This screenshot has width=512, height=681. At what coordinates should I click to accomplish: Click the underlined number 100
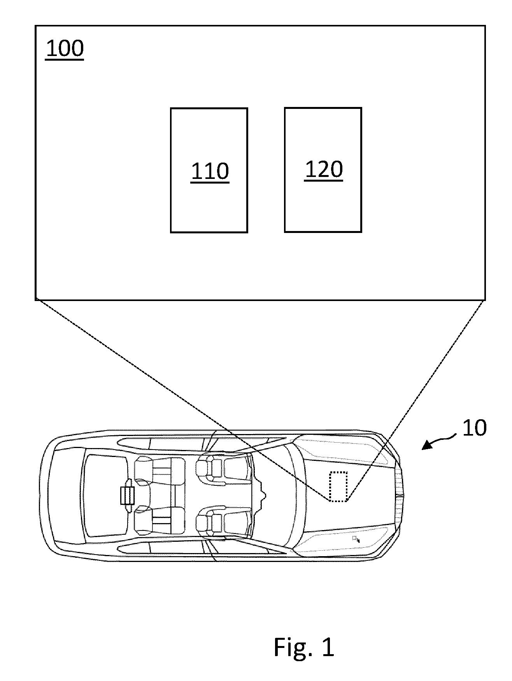point(65,49)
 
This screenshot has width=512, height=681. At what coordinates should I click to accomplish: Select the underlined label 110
point(210,172)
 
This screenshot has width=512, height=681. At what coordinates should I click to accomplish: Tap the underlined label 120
point(323,170)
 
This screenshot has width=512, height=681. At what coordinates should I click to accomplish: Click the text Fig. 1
point(304,647)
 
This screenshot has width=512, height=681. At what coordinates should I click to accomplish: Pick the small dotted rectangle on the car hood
point(338,486)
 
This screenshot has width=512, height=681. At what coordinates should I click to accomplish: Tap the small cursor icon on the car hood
point(356,539)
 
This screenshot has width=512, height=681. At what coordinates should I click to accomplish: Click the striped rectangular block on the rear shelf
point(127,496)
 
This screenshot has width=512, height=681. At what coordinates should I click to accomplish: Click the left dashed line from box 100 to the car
point(182,400)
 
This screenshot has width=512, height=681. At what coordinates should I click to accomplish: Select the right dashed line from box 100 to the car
point(416,400)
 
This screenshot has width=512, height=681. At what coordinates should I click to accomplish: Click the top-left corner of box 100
point(35,26)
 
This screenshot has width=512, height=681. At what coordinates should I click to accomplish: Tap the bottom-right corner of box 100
point(485,299)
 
